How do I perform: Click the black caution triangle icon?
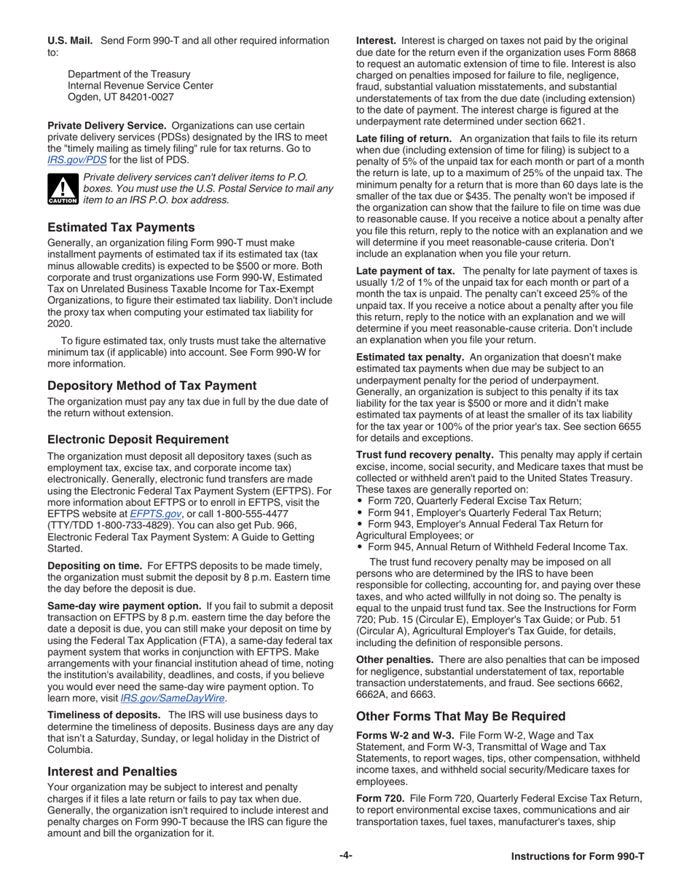[x=60, y=190]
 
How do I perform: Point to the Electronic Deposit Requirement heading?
[x=138, y=439]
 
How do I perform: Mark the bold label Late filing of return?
[x=404, y=138]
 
